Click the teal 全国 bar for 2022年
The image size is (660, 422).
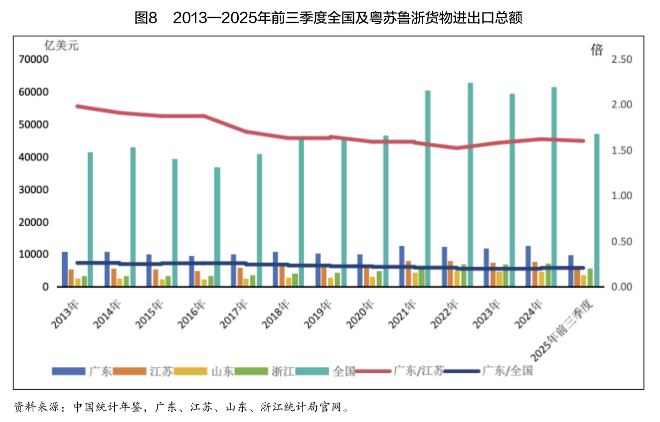(x=470, y=185)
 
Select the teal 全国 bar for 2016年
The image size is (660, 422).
(x=217, y=227)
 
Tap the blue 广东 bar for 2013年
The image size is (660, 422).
(x=65, y=269)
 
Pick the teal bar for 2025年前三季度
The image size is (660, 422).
(x=597, y=210)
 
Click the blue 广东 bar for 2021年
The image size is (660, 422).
(x=402, y=266)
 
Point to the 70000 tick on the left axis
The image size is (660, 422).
(x=33, y=60)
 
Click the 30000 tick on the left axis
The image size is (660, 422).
(x=33, y=190)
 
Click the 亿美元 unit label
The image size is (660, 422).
(x=61, y=45)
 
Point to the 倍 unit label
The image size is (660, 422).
(x=597, y=49)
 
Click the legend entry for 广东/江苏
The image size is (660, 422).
(x=418, y=371)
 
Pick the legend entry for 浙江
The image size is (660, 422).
(x=282, y=371)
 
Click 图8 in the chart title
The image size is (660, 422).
(x=146, y=18)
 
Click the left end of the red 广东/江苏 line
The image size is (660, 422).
(x=78, y=106)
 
